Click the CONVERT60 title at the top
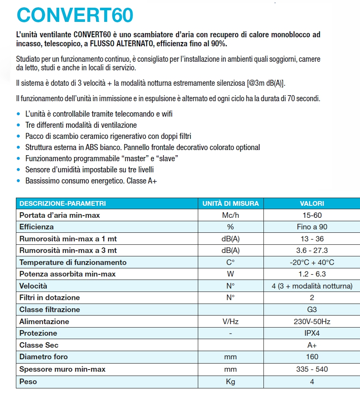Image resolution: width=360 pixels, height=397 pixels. pos(75,15)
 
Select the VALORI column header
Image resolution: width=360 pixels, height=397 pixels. pos(312,203)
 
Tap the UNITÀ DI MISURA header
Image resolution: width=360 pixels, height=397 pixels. pos(230,203)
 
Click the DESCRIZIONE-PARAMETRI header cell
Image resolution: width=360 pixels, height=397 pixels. pos(63,203)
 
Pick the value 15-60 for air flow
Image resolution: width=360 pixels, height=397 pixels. pos(312,215)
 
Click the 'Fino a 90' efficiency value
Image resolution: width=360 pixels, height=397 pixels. pos(312,227)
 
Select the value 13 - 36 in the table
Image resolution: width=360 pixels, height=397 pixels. pos(312,239)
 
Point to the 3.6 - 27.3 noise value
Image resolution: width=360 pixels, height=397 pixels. pos(312,250)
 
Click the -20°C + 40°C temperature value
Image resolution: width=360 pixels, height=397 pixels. pos(312,262)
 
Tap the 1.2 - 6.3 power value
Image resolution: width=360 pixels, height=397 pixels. pos(312,274)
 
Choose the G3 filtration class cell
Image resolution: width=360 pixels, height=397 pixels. pos(312,310)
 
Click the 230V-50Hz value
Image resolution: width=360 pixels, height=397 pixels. pos(312,322)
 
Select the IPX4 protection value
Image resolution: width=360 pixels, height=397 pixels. pos(312,333)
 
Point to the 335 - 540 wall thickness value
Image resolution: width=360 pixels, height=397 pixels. pos(312,369)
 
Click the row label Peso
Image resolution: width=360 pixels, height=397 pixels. pos(28,381)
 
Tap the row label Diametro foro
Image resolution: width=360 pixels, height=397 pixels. pos(43,357)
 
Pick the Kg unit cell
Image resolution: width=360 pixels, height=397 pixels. pos(230,381)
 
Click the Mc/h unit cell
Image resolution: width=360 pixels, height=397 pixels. pos(230,215)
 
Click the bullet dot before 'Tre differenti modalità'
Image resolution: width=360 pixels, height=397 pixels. pos(18,125)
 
